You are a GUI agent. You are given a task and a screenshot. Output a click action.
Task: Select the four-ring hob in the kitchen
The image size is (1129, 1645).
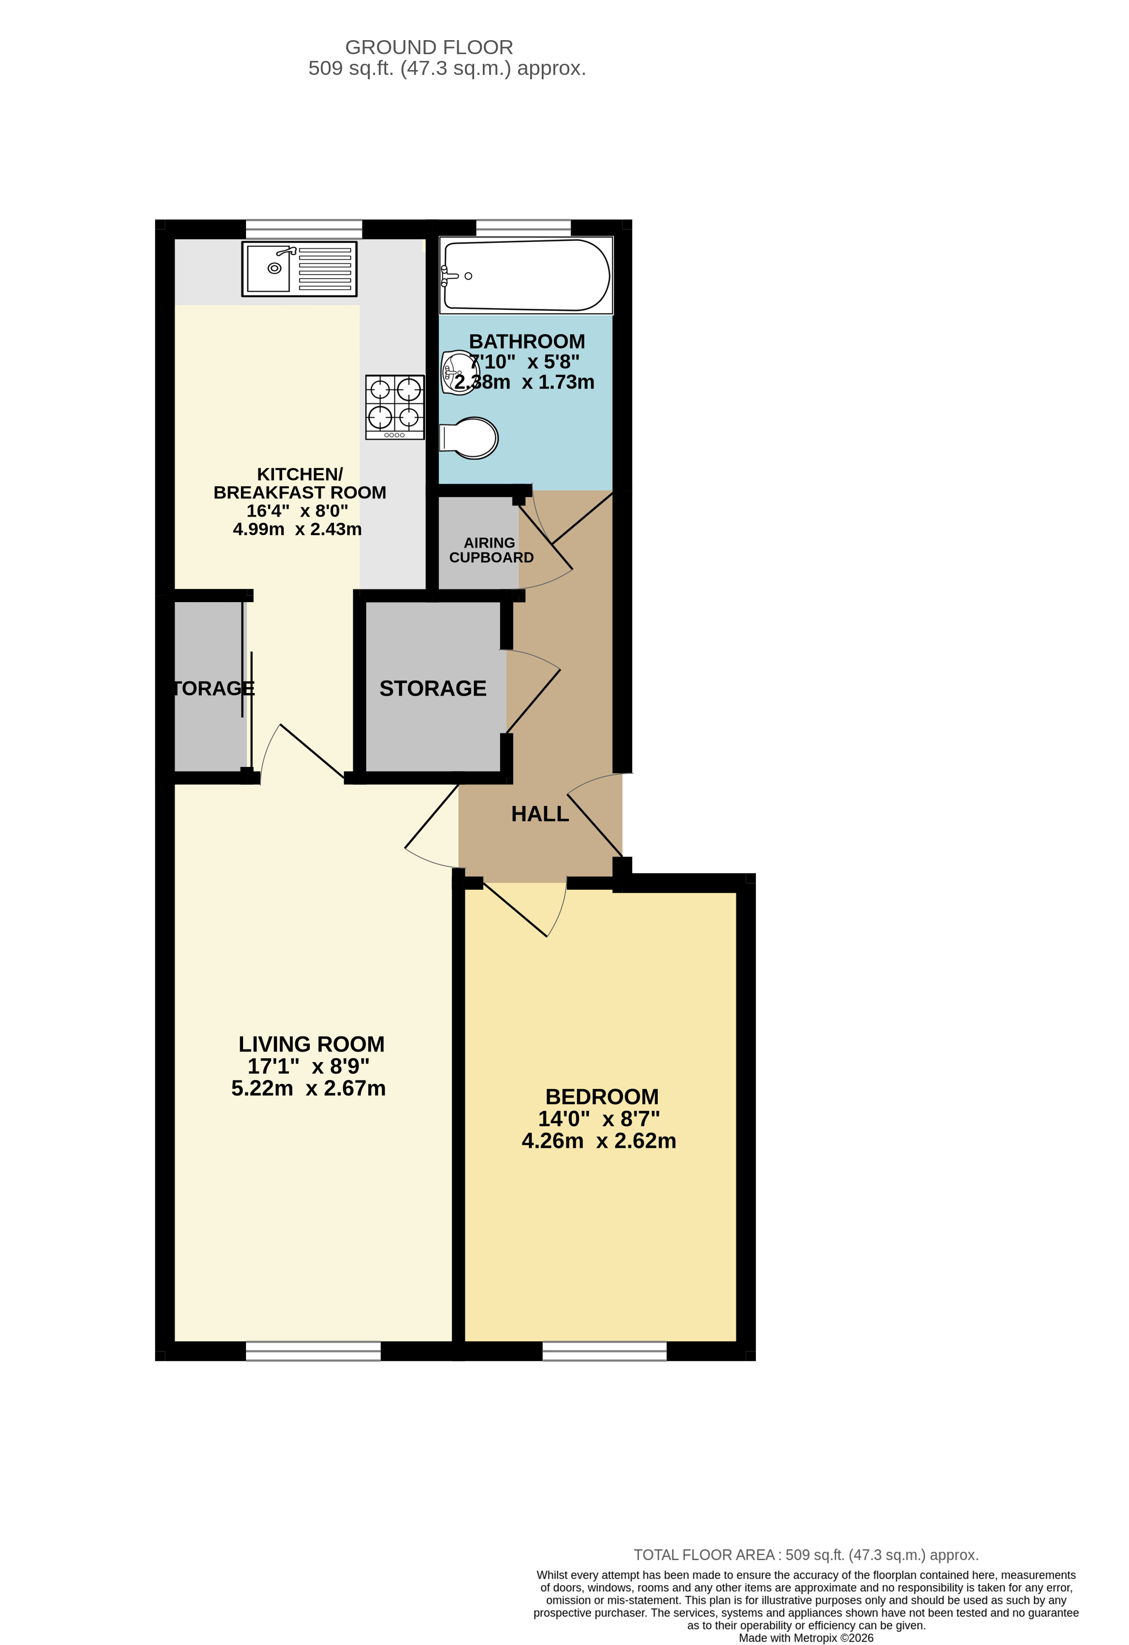pos(394,407)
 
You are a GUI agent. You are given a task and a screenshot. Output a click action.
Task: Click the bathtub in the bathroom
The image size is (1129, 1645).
pos(526,275)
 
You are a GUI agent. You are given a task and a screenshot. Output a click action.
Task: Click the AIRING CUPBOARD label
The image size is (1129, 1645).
pos(491,550)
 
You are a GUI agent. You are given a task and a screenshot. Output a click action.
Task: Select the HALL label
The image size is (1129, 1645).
pos(539,814)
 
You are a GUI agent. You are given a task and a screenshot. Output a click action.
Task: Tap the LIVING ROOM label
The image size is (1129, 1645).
pos(311,1044)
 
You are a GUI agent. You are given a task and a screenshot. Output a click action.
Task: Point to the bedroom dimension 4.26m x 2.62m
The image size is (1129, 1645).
pos(598,1141)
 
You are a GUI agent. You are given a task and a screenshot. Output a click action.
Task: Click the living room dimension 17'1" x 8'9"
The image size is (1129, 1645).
pos(308,1066)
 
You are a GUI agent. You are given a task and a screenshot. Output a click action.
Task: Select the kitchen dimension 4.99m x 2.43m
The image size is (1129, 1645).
pos(297,529)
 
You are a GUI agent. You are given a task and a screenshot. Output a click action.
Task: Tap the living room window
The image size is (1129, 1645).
pos(313,1351)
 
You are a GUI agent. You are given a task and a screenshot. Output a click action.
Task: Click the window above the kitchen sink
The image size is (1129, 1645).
pos(304,229)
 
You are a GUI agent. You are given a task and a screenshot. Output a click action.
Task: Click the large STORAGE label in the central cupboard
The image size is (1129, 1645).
pos(433,688)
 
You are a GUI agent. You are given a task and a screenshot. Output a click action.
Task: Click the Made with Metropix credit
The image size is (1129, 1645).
pos(806,1638)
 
